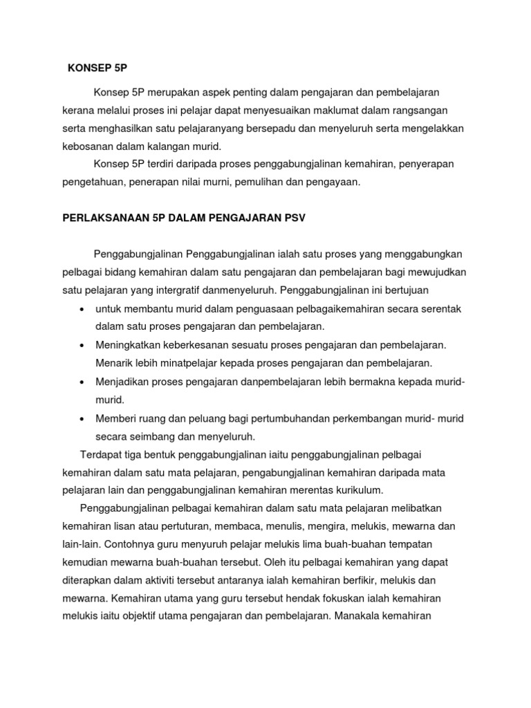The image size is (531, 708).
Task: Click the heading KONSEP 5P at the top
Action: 98,68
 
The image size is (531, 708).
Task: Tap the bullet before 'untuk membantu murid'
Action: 82,308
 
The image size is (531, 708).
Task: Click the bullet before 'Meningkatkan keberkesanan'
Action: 82,344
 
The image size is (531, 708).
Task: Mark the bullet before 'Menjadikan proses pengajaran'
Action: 82,382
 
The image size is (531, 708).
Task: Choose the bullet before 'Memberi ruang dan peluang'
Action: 82,418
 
